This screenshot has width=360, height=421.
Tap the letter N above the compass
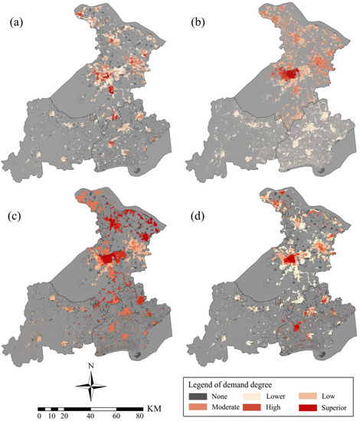(x=90, y=365)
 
